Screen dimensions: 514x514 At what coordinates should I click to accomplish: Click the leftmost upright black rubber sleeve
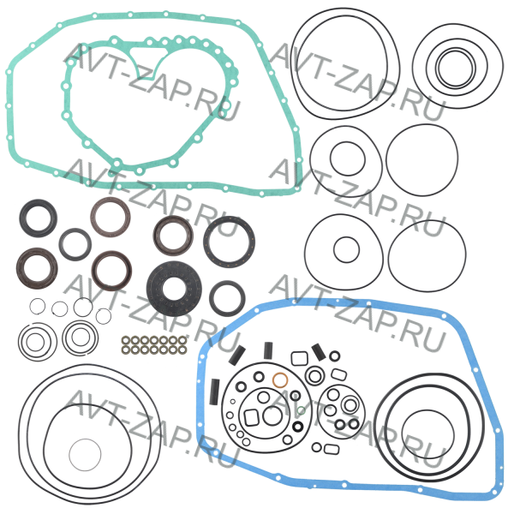(215, 391)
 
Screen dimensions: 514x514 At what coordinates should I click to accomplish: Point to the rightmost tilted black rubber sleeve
(319, 352)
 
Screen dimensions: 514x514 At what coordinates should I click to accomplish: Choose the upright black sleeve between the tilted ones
(268, 350)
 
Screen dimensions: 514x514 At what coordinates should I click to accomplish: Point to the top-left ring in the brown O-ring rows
(125, 340)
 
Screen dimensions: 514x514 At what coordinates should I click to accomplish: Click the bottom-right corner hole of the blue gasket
(494, 492)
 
